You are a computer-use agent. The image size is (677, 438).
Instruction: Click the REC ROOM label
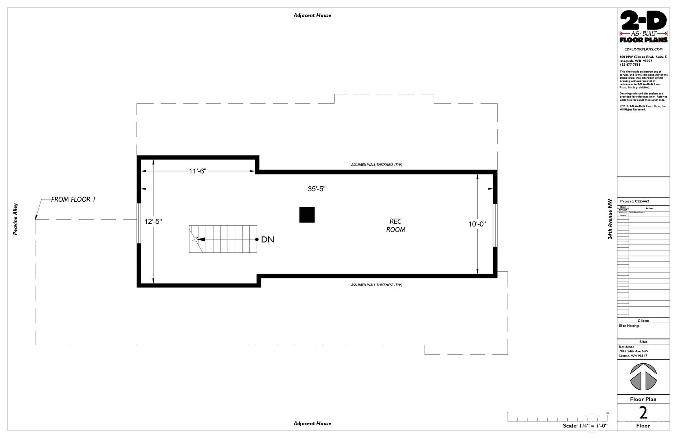click(396, 225)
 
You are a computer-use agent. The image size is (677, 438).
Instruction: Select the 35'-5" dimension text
click(316, 189)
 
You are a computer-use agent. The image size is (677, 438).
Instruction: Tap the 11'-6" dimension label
click(197, 171)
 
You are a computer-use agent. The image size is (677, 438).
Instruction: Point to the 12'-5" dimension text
click(153, 221)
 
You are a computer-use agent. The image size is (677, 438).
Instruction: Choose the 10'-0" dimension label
click(477, 224)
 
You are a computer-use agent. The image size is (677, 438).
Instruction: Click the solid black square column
click(307, 215)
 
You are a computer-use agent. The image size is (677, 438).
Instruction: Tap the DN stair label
click(268, 239)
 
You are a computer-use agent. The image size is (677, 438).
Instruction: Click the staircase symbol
click(223, 239)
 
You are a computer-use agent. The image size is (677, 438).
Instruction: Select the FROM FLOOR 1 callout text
click(73, 199)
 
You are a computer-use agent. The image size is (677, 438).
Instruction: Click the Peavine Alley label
click(15, 219)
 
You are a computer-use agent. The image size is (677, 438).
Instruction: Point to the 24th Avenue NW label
click(610, 219)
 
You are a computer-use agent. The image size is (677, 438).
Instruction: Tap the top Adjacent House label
click(312, 15)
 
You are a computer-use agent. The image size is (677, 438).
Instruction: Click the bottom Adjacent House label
click(312, 423)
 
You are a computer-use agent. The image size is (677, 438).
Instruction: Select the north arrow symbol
click(643, 376)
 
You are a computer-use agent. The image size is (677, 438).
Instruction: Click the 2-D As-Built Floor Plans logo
click(643, 27)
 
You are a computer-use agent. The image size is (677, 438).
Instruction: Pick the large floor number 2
click(643, 413)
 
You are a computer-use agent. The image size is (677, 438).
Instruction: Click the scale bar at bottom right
click(557, 419)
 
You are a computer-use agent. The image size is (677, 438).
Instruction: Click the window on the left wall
click(138, 223)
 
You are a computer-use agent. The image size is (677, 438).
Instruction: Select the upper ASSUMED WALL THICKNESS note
click(376, 165)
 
